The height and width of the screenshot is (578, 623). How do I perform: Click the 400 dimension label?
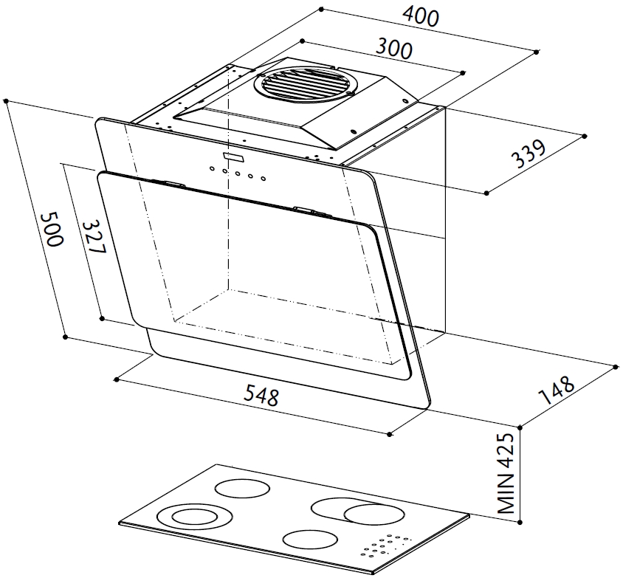(421, 18)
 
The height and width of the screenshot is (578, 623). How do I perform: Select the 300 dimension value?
(394, 49)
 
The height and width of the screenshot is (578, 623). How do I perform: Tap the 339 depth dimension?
(528, 154)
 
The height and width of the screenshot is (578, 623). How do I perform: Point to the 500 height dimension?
(52, 229)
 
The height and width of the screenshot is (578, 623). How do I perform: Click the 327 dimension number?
(94, 237)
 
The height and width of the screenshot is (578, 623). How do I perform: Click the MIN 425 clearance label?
(505, 473)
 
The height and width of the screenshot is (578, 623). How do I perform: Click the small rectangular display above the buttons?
(234, 157)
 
